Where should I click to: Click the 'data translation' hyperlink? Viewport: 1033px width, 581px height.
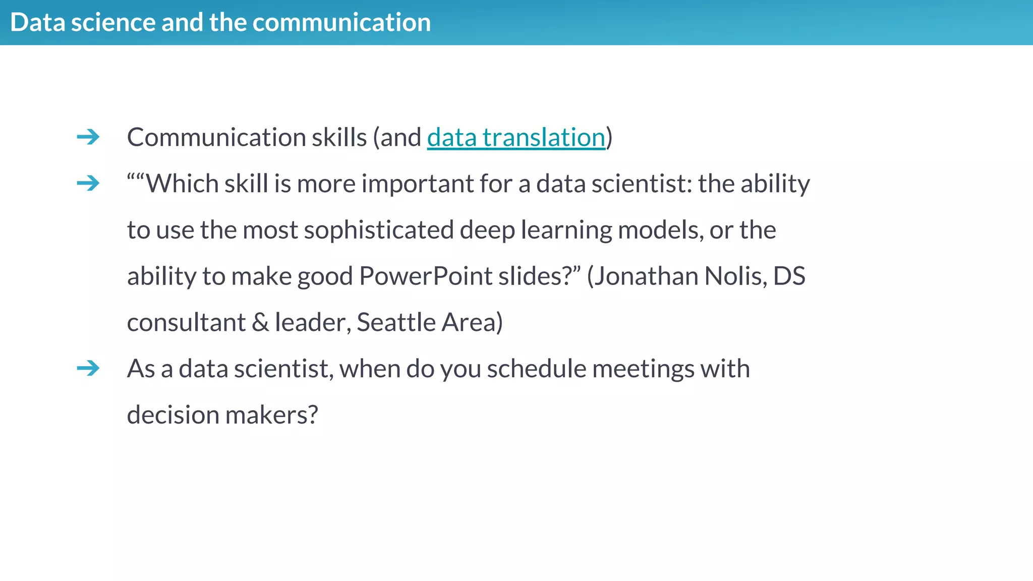(x=515, y=138)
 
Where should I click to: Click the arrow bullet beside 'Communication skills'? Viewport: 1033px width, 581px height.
(x=88, y=137)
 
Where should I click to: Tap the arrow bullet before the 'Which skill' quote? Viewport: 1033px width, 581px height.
(x=88, y=183)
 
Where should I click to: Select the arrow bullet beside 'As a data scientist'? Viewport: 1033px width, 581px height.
(x=88, y=368)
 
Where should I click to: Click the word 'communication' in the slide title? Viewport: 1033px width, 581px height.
(x=341, y=23)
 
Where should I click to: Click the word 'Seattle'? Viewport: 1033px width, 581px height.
(x=396, y=322)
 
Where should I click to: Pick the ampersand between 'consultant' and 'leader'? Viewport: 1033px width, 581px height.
(x=260, y=323)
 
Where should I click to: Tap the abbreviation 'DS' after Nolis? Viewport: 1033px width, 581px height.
(x=789, y=276)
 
